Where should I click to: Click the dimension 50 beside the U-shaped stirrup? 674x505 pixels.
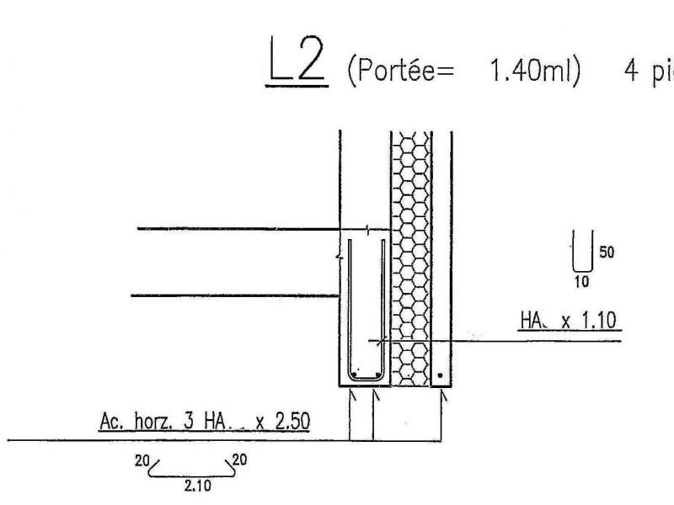pos(606,252)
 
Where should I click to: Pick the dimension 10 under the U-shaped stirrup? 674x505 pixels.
pos(581,282)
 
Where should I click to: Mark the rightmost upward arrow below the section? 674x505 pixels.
pos(442,396)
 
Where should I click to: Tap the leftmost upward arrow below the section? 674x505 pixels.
pos(352,396)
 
